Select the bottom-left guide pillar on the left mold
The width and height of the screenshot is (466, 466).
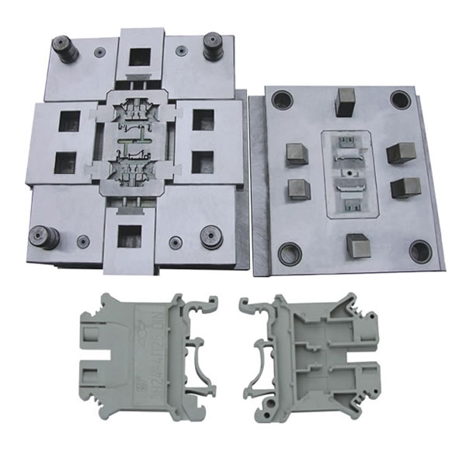pyautogui.click(x=43, y=236)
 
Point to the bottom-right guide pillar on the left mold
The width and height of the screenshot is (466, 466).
pyautogui.click(x=210, y=236)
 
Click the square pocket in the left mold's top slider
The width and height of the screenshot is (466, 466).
pyautogui.click(x=140, y=57)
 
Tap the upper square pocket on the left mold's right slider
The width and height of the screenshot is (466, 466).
pyautogui.click(x=203, y=119)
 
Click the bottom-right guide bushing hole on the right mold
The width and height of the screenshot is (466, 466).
pyautogui.click(x=420, y=251)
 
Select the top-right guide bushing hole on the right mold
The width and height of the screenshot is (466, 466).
pyautogui.click(x=400, y=99)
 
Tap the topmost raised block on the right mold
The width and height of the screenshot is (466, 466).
pyautogui.click(x=346, y=100)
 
